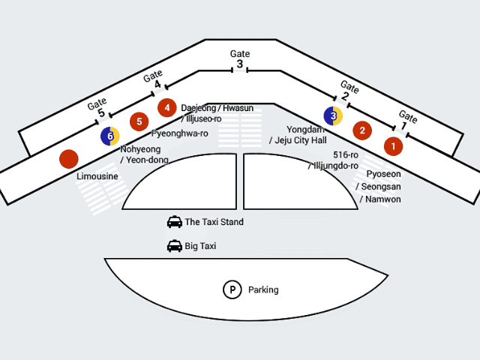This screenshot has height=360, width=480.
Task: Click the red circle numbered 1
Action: click(392, 145)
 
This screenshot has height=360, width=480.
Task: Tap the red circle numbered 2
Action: click(362, 130)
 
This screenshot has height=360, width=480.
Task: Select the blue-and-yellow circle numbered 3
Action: click(333, 115)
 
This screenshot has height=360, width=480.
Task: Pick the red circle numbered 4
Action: click(166, 107)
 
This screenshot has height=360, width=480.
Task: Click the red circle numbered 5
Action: click(139, 121)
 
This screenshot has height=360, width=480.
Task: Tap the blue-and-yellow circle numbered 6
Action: click(110, 136)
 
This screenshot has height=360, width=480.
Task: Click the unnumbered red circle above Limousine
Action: click(69, 158)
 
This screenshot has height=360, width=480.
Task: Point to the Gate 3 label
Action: click(240, 59)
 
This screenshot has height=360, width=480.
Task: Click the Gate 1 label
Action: click(407, 120)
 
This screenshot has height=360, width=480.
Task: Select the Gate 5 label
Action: click(98, 108)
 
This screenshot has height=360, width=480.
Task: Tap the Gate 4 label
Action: click(154, 79)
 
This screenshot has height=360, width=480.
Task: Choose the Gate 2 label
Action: click(348, 90)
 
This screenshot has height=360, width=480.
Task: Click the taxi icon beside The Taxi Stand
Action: click(174, 222)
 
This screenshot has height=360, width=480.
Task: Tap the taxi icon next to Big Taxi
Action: click(174, 246)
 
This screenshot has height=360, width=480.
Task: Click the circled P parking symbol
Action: click(232, 289)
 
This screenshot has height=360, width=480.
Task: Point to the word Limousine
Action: click(97, 176)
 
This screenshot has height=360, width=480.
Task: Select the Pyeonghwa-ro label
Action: click(180, 133)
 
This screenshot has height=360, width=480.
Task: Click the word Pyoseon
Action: click(383, 174)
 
